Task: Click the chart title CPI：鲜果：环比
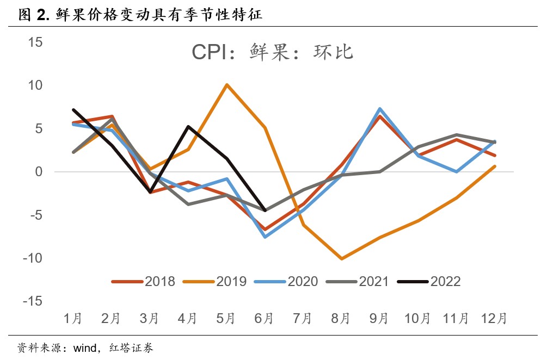coord(273,52)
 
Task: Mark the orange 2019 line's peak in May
coord(226,85)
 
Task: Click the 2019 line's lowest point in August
coord(341,259)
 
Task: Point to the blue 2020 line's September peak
coord(379,109)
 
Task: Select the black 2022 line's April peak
coord(188,127)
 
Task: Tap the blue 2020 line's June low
coord(265,237)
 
